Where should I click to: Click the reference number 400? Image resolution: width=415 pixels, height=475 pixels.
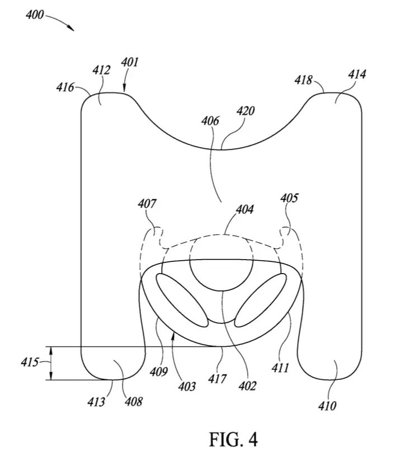[x=35, y=15]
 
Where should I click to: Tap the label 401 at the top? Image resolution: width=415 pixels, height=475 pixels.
[x=130, y=62]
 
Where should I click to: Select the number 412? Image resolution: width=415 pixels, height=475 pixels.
[x=101, y=70]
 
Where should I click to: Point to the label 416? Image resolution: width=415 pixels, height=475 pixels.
[x=65, y=87]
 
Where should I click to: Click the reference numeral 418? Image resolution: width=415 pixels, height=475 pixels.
[x=303, y=80]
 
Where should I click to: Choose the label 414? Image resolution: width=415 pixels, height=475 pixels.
[x=357, y=74]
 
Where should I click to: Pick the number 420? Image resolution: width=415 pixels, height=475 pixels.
[x=246, y=111]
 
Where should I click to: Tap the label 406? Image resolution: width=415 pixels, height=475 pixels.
[x=210, y=121]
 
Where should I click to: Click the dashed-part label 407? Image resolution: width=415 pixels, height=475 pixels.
[x=147, y=204]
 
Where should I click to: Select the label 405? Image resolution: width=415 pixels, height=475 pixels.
[x=289, y=198]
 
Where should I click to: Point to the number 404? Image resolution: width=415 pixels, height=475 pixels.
[x=245, y=209]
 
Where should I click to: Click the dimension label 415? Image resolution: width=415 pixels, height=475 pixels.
[x=30, y=363]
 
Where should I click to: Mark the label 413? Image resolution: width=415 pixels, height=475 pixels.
[x=96, y=402]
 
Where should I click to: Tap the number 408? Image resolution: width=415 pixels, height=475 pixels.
[x=134, y=402]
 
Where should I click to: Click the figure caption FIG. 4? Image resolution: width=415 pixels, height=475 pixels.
[x=233, y=440]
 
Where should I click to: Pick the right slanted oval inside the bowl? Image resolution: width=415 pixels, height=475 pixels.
[x=261, y=300]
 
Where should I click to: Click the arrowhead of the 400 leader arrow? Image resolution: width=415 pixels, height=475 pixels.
[x=72, y=29]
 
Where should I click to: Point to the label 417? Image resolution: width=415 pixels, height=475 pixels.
[x=217, y=379]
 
